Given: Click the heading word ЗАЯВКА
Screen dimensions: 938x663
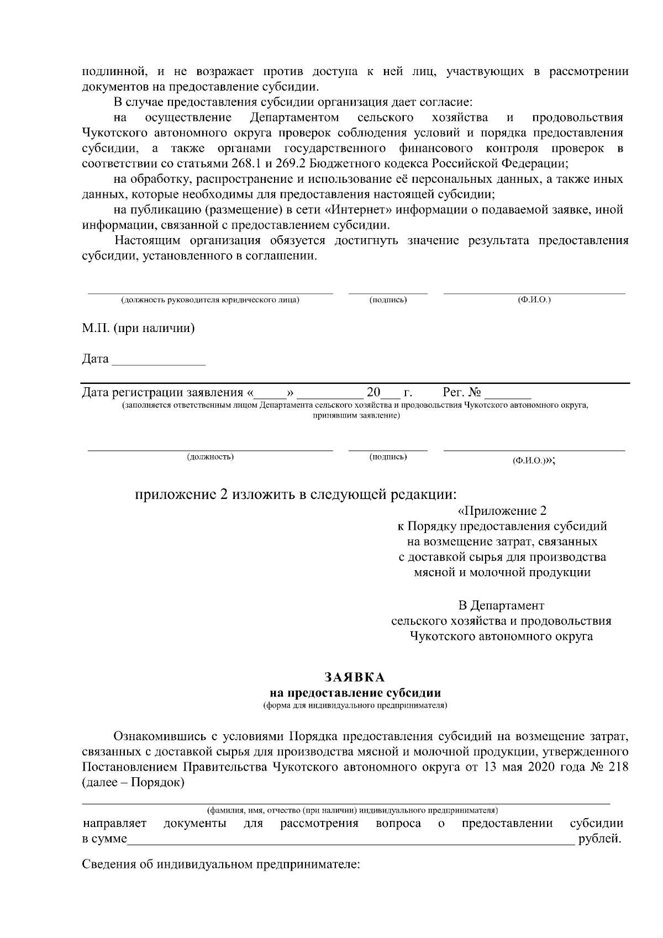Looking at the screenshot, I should point(354,677).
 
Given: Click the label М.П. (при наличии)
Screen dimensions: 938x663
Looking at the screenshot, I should point(139,328).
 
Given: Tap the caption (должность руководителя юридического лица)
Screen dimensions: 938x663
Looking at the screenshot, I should point(211,300).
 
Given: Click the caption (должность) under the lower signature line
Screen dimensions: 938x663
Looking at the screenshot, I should point(211,457).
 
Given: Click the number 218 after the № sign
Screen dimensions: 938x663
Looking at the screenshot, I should point(618,767).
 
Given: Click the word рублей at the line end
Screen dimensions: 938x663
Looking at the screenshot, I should point(600,840).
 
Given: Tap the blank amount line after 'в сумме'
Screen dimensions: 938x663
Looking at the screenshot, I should point(351,841).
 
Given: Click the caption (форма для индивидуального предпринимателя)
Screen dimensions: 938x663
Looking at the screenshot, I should point(354,705).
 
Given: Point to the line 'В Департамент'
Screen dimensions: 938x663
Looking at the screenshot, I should point(501,605).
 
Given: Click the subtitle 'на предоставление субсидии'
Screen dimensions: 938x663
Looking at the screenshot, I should point(354,693).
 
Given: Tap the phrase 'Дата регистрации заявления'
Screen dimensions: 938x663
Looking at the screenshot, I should point(162,393).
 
